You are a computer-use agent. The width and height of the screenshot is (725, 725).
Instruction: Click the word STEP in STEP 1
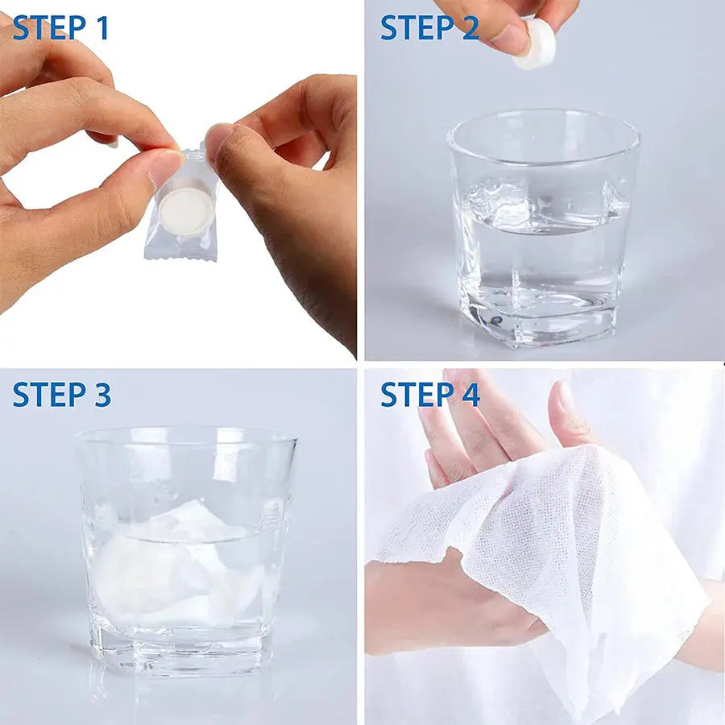(49, 27)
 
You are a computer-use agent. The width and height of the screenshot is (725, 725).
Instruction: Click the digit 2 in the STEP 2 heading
(470, 27)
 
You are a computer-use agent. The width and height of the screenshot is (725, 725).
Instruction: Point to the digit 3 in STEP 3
(102, 395)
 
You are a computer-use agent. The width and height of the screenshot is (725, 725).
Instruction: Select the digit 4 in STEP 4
(470, 395)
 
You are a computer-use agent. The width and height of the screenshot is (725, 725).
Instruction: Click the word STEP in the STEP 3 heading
(49, 395)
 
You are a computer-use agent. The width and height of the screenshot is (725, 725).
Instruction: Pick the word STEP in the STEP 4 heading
(417, 395)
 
